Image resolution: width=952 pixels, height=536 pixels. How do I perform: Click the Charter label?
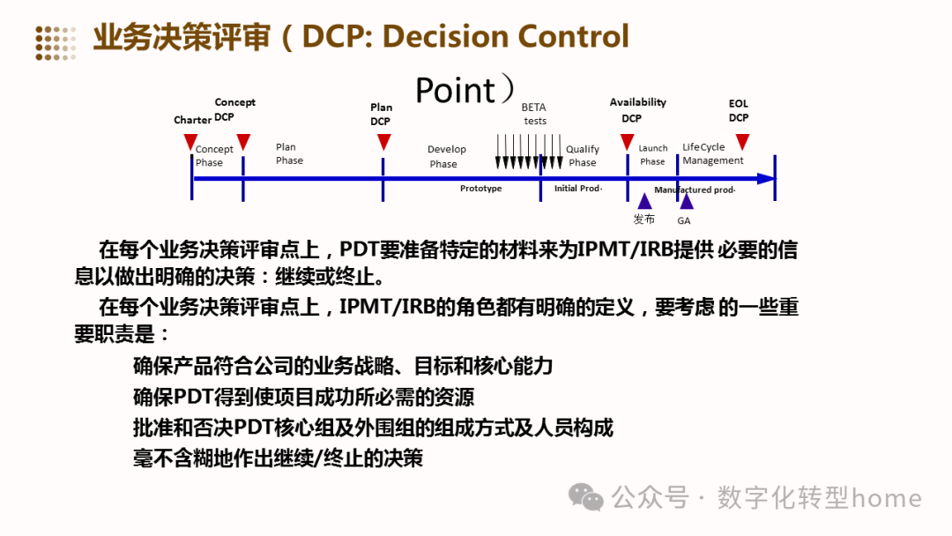click(192, 120)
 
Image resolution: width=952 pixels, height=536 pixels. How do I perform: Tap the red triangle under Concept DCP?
click(243, 141)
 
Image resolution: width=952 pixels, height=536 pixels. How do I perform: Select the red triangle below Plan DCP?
click(383, 142)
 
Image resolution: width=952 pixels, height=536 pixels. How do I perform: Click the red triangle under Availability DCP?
click(628, 141)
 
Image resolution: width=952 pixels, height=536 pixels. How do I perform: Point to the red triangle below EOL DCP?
click(742, 141)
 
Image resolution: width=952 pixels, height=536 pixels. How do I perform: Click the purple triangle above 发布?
click(644, 201)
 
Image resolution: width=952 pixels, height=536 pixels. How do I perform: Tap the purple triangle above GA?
click(686, 201)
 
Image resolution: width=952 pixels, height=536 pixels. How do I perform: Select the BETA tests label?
click(534, 114)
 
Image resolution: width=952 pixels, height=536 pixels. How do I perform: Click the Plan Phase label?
click(288, 153)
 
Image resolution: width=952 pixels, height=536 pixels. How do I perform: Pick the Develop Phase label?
click(446, 156)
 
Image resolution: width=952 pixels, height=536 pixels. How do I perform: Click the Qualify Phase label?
click(582, 155)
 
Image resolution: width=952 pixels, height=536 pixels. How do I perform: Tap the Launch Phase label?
click(652, 154)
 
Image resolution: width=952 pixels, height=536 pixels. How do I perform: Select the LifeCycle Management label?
click(712, 153)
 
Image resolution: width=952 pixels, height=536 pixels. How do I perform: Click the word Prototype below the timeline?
click(480, 189)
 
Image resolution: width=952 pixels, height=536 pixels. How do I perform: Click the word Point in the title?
click(455, 90)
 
